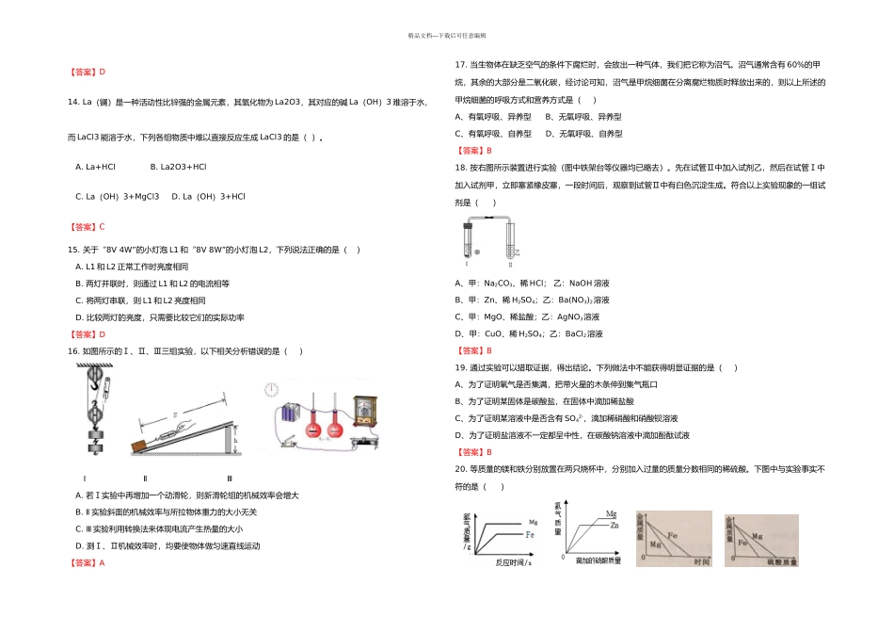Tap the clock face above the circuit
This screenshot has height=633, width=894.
(x=272, y=387)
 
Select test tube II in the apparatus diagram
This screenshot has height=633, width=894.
(x=513, y=243)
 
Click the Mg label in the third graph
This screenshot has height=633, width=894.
(x=656, y=544)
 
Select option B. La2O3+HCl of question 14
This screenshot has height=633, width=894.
(x=178, y=167)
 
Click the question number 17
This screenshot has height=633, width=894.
(x=460, y=65)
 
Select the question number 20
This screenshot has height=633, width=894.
(x=460, y=468)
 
